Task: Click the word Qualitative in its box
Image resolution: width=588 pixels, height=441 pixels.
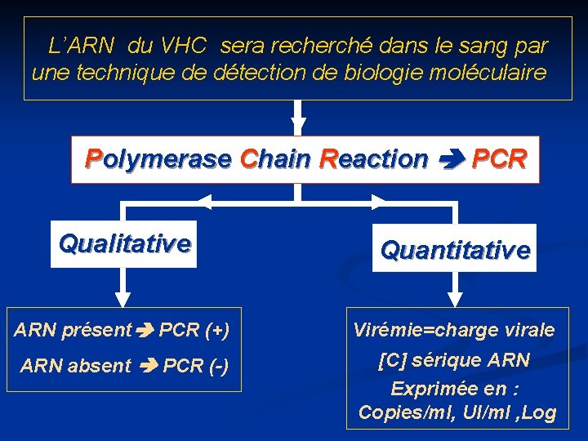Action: tap(125, 243)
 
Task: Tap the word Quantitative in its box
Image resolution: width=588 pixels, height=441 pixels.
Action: tap(455, 250)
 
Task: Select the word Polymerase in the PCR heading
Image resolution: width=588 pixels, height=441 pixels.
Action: tap(159, 158)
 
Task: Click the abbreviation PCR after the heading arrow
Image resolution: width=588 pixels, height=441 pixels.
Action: tap(499, 158)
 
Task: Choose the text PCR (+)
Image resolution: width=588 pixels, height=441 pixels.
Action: tap(194, 331)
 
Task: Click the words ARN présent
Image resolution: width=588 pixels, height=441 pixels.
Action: tap(73, 331)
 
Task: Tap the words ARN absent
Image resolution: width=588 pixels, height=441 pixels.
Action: tap(75, 366)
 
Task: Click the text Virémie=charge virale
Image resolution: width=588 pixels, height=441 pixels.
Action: tap(454, 331)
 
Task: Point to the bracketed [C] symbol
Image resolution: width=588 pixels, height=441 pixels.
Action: tap(394, 360)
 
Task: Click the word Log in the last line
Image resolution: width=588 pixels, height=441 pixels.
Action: tap(538, 413)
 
